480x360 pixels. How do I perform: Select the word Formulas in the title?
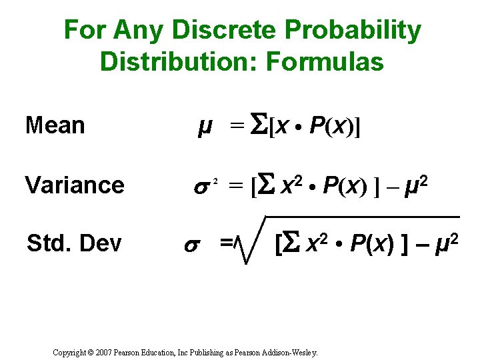pyautogui.click(x=325, y=62)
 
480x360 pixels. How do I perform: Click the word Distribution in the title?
pyautogui.click(x=179, y=62)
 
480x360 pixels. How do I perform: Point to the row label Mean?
pyautogui.click(x=55, y=125)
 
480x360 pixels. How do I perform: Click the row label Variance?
pyautogui.click(x=74, y=185)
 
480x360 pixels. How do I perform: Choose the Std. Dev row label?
pyautogui.click(x=74, y=244)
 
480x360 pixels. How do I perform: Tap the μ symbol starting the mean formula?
pyautogui.click(x=205, y=125)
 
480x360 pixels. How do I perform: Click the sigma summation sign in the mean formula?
pyautogui.click(x=258, y=125)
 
